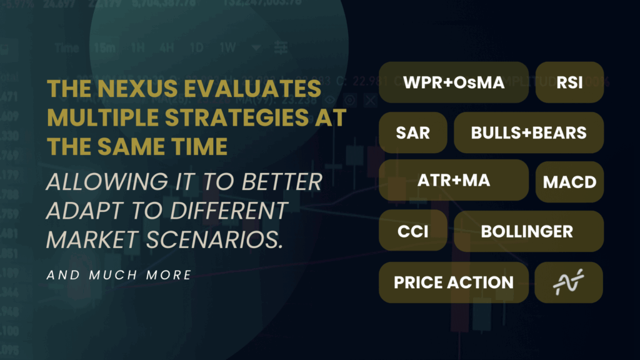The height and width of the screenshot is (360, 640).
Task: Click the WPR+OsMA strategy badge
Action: [454, 82]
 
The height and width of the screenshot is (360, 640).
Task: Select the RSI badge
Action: [569, 82]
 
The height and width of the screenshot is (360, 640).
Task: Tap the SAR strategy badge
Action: [412, 132]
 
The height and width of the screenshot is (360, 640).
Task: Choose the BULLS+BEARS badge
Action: [529, 132]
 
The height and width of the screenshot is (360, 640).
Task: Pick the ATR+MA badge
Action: [454, 181]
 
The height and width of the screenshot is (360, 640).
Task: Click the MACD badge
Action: [569, 182]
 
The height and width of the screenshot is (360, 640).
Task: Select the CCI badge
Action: [412, 231]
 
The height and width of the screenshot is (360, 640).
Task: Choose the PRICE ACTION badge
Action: [454, 282]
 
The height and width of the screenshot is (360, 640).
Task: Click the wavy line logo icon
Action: [569, 282]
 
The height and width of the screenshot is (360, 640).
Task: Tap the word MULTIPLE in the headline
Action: [101, 118]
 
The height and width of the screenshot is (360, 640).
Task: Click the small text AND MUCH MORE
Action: [119, 274]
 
